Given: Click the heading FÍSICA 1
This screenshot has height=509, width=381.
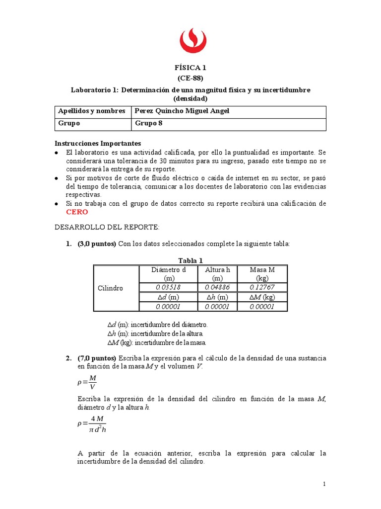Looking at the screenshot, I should (x=190, y=68).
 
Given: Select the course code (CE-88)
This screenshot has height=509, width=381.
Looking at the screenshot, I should (x=190, y=78).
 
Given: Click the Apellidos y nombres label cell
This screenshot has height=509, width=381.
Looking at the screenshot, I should (x=91, y=111).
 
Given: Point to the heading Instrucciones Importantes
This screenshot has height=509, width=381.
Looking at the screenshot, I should (x=98, y=143).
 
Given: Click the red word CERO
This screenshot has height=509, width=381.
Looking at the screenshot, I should (x=77, y=212).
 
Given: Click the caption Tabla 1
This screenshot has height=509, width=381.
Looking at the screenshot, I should (x=190, y=260).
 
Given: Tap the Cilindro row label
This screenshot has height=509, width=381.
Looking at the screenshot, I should (x=111, y=288).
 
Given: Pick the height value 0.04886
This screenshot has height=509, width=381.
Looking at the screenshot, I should (x=217, y=287).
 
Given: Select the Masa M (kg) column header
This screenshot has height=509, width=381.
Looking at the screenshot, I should (x=262, y=274).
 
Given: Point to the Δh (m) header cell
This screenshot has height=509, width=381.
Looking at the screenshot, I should (x=217, y=297).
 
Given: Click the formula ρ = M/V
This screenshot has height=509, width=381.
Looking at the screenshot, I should (x=87, y=383).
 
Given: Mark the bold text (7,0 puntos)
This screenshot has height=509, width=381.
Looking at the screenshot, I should (x=96, y=358).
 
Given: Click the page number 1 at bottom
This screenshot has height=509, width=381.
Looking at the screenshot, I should (x=323, y=484).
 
